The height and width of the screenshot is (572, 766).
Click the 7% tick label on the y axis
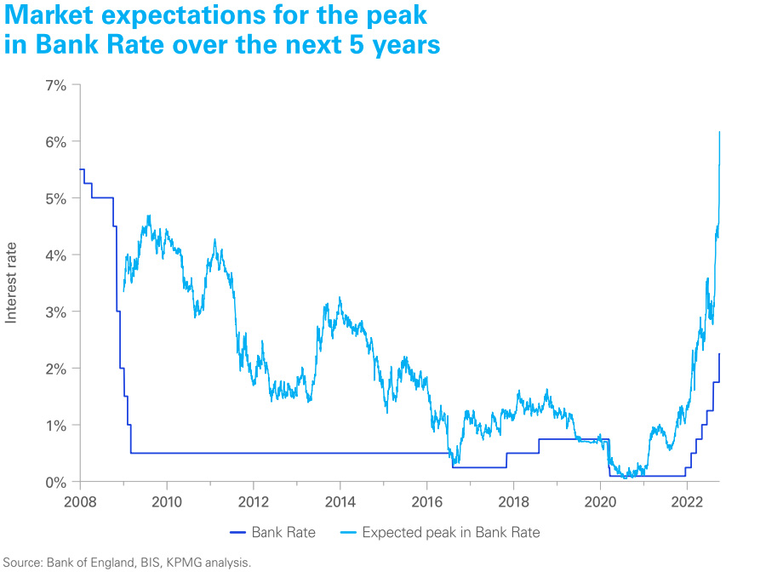57,85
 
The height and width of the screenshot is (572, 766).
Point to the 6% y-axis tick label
57,141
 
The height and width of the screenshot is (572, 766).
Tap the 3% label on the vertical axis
57,312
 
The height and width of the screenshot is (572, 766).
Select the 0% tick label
57,482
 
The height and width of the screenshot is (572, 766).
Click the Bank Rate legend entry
283,533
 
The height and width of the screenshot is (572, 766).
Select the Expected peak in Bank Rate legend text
451,533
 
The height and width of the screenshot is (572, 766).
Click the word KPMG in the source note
173,562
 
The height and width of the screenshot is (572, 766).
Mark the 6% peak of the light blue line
720,132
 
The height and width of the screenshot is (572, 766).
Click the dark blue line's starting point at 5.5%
80,169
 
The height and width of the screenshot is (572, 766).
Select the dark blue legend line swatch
237,533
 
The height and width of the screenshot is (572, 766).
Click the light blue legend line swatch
346,533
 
